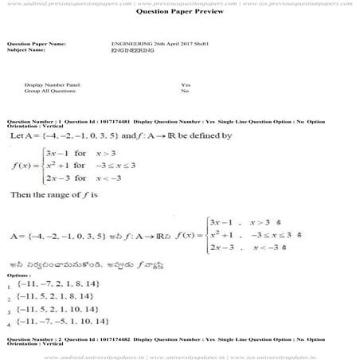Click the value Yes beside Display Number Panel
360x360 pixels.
click(186, 84)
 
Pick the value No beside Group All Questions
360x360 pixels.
click(184, 91)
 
